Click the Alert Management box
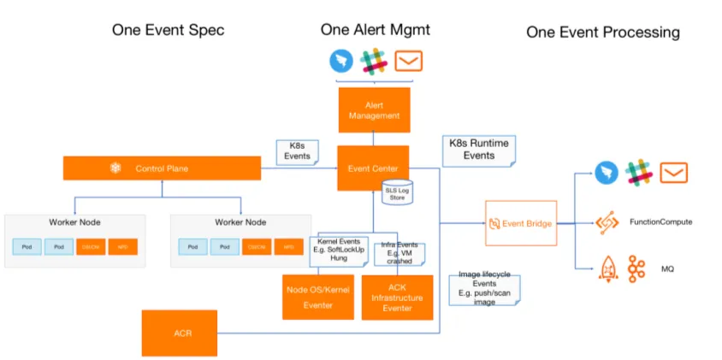(x=374, y=109)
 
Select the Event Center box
(x=373, y=167)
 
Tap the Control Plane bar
(x=161, y=168)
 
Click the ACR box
(x=181, y=333)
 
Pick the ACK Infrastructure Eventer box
(x=397, y=297)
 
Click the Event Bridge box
(x=519, y=223)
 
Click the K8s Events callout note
(x=297, y=151)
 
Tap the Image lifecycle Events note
(x=484, y=288)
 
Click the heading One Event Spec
(x=168, y=30)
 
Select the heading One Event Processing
(x=602, y=32)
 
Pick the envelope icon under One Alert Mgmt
(x=408, y=62)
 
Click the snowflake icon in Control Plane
(x=115, y=168)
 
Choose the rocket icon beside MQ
(x=607, y=269)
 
